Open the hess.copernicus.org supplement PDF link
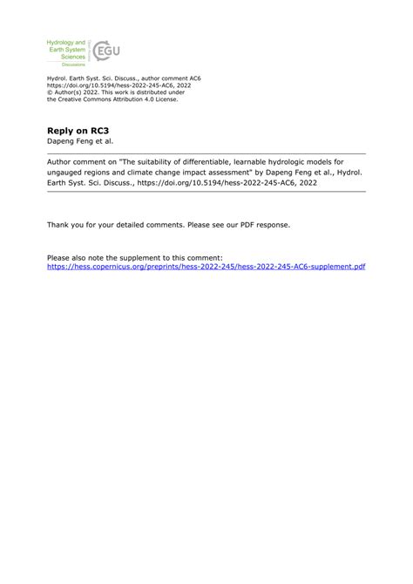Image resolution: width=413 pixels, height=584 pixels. [x=206, y=266]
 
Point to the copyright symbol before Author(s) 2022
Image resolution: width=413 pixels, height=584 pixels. [x=50, y=92]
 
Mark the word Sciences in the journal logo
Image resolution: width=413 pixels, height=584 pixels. [x=71, y=56]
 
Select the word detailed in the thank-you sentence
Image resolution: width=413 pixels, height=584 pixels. [x=129, y=224]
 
